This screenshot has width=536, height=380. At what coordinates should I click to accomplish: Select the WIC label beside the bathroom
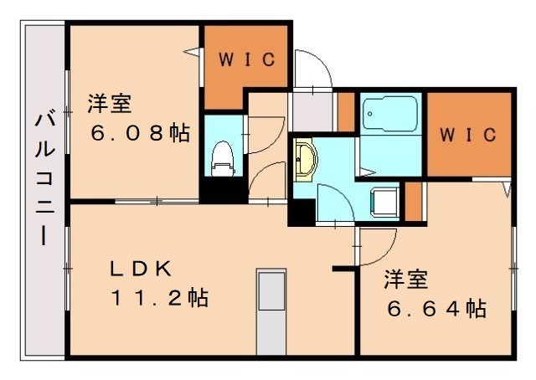click(469, 134)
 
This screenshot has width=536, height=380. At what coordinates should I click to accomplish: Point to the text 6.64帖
click(436, 309)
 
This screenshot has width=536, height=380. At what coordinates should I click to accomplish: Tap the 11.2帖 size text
click(159, 297)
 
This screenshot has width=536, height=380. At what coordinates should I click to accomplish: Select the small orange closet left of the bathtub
click(346, 110)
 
